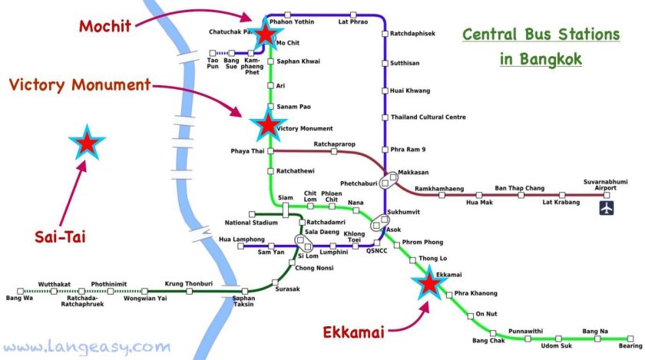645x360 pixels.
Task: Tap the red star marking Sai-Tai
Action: (x=86, y=143)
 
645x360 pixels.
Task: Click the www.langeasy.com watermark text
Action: (x=86, y=346)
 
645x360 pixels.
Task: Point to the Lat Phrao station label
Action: (x=353, y=22)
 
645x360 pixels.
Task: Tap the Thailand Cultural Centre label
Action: (x=428, y=117)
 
